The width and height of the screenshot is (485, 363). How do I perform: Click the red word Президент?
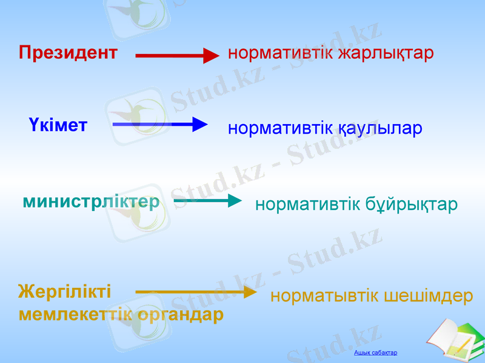pyautogui.click(x=68, y=53)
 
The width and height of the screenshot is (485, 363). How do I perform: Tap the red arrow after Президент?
pyautogui.click(x=176, y=56)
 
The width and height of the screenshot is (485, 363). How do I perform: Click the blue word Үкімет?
pyautogui.click(x=58, y=125)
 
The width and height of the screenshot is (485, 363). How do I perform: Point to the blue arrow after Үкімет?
pyautogui.click(x=160, y=125)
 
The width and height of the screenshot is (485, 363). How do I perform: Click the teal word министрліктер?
pyautogui.click(x=92, y=201)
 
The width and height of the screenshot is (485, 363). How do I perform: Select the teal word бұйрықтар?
pyautogui.click(x=412, y=204)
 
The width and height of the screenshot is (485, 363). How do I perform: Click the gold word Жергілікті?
pyautogui.click(x=65, y=291)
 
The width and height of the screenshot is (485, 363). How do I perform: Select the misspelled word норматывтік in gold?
pyautogui.click(x=324, y=296)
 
